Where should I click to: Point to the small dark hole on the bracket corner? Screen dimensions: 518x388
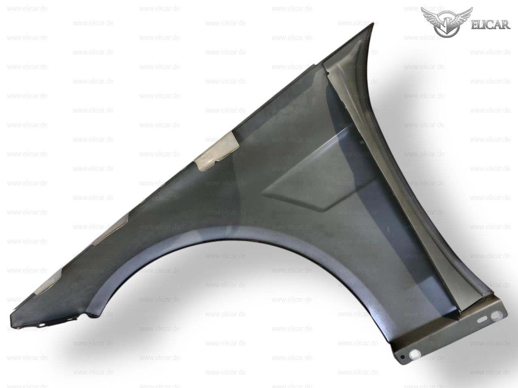[x=403, y=357]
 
